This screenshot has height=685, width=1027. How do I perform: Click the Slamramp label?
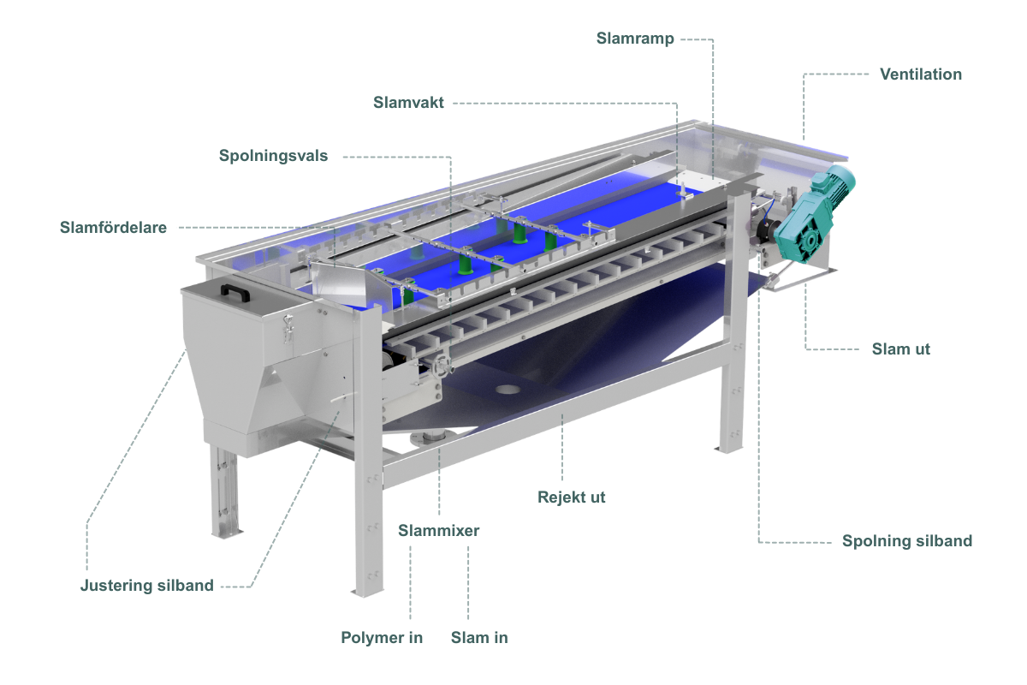point(635,39)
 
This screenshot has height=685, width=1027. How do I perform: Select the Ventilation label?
point(921,74)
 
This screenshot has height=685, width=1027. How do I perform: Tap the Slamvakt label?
point(408,103)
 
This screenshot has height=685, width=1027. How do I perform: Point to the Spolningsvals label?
point(273,156)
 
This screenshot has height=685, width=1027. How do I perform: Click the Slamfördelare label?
point(113,228)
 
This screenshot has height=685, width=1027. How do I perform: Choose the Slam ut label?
point(901,349)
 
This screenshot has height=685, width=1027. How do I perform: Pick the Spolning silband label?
point(907,541)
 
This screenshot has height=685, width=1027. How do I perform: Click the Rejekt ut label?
point(572,497)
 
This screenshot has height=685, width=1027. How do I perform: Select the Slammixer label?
point(438,531)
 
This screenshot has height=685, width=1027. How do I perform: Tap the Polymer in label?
point(382,638)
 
